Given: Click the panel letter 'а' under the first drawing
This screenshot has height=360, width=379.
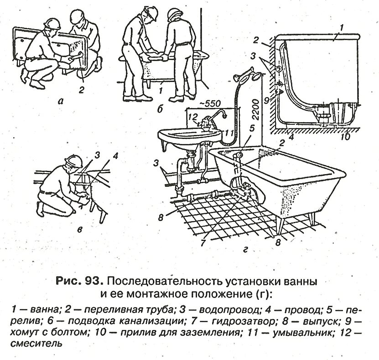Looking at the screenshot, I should (61, 102).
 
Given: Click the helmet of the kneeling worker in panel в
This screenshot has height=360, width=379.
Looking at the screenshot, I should (73, 160).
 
